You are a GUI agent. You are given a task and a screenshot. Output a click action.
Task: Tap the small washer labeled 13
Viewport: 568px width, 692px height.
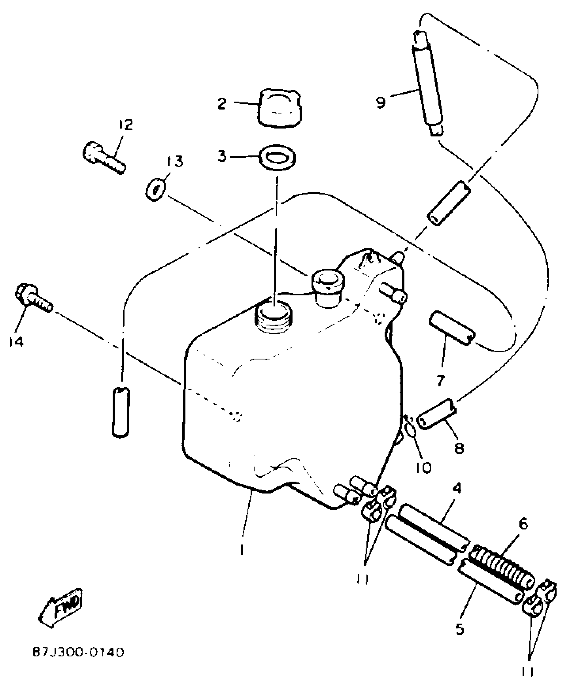[x=155, y=190]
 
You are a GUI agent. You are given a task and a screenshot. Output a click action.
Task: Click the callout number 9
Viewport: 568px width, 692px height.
[x=381, y=102]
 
